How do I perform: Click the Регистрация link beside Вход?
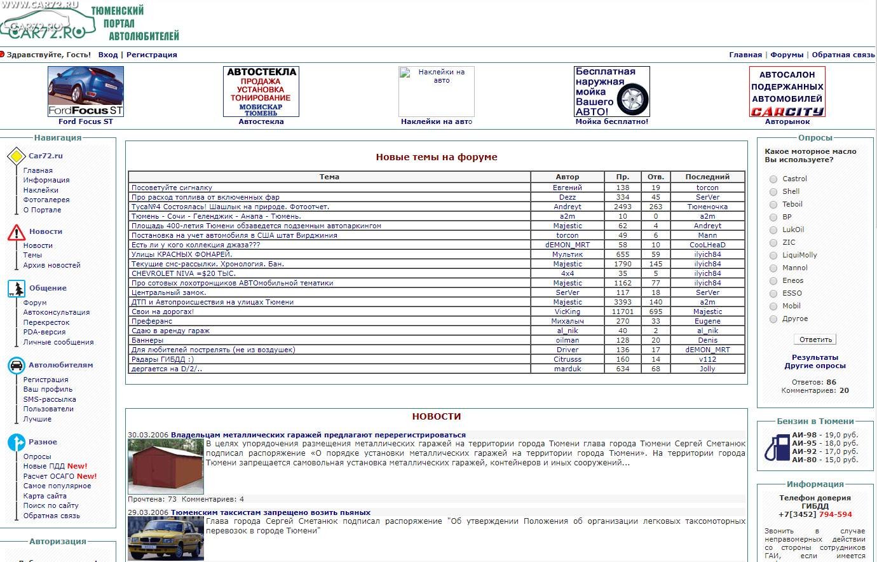tap(151, 55)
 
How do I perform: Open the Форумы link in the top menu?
tap(787, 55)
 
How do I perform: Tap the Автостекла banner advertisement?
tap(261, 91)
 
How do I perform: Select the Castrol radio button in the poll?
tap(773, 179)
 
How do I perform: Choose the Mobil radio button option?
tap(773, 306)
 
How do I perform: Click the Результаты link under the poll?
tap(815, 357)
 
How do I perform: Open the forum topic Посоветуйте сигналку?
tap(172, 188)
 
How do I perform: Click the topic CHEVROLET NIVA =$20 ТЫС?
tap(183, 273)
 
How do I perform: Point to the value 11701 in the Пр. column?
tap(622, 312)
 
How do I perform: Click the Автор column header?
tap(567, 177)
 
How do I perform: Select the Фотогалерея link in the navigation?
tap(46, 200)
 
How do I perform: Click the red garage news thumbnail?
tap(166, 467)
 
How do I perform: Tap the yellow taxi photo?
tap(166, 538)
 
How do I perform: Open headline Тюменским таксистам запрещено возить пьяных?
tap(270, 512)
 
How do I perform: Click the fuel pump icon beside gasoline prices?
tap(777, 446)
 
